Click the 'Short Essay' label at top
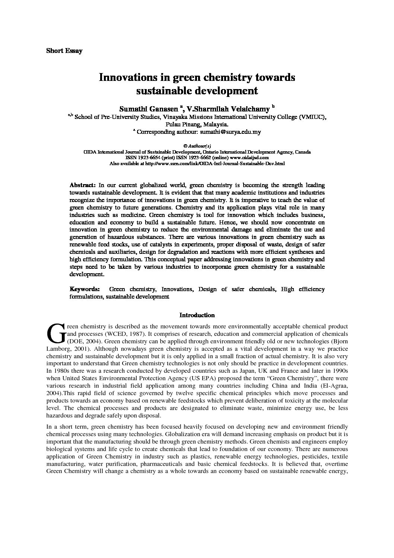[x=64, y=51]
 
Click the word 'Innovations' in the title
[x=125, y=78]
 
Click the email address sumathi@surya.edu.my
[x=231, y=132]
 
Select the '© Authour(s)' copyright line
[x=197, y=146]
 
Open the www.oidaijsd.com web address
[x=247, y=158]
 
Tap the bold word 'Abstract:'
[x=83, y=185]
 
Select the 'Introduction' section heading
[x=197, y=315]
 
